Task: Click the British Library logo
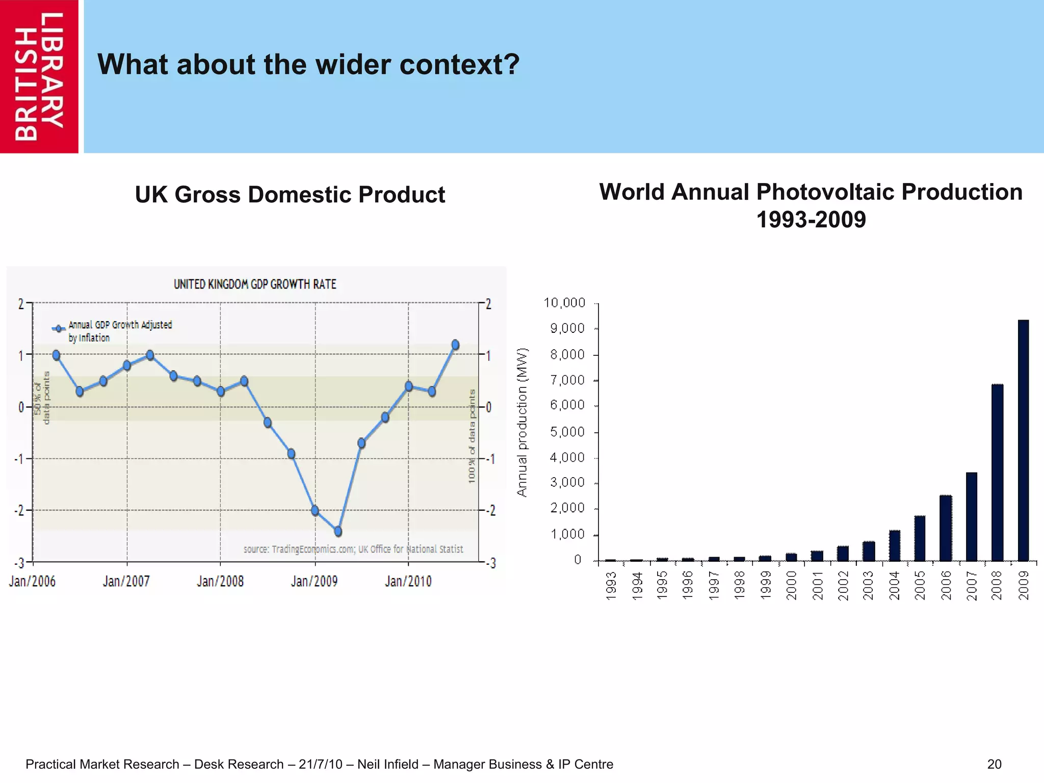coord(39,76)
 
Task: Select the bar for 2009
coord(1023,440)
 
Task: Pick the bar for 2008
coord(997,473)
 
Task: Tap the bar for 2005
coord(920,538)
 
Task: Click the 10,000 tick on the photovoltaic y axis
coord(564,303)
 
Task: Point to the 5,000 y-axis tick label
coord(567,432)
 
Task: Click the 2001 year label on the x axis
coord(817,585)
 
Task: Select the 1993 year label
coord(611,585)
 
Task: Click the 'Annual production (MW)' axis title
coord(521,422)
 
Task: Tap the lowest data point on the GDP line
coord(338,532)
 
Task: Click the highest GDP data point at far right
coord(455,345)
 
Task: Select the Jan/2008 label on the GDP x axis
coord(220,581)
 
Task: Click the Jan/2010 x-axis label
coord(408,581)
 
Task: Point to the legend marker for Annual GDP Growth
coord(59,328)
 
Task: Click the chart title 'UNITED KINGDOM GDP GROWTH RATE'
coord(255,284)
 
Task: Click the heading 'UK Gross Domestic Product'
coord(290,195)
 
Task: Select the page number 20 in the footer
coord(994,764)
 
